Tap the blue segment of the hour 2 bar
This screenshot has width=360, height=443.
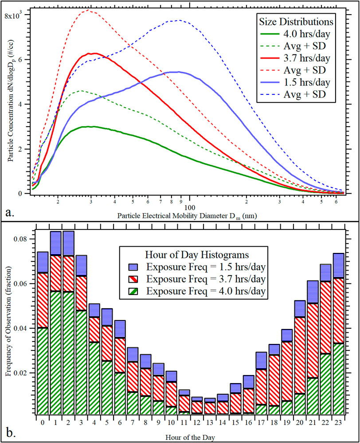click(x=69, y=243)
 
